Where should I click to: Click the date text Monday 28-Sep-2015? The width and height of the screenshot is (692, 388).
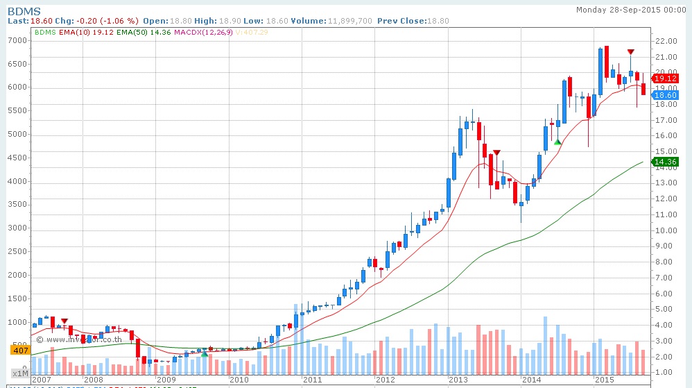pos(632,10)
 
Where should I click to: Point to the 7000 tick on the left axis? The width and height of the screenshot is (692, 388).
pos(17,40)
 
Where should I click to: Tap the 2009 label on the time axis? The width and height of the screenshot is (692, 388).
pos(166,380)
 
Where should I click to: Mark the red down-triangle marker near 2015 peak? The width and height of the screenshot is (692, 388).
pos(630,52)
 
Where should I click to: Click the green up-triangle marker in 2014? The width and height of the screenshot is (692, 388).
pos(557,142)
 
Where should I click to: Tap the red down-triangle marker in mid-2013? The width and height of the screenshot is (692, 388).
pos(496,152)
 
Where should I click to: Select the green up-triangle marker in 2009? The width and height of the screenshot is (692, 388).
pos(204,354)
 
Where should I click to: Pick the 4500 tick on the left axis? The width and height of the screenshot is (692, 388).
pos(17,158)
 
